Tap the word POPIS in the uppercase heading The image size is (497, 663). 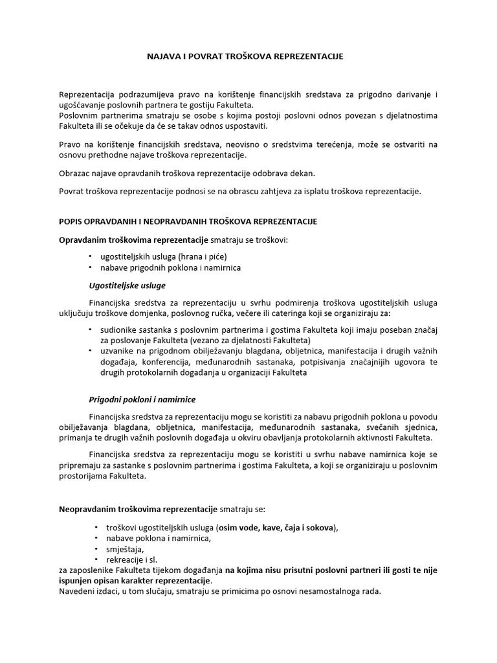point(71,221)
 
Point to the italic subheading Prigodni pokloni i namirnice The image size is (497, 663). point(142,399)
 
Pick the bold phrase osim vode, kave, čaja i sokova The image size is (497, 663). point(278,528)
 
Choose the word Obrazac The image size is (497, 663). point(76,174)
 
